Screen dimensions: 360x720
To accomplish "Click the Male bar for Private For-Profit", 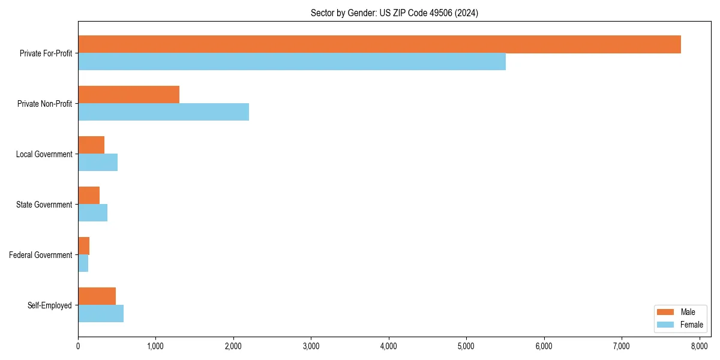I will [x=379, y=44].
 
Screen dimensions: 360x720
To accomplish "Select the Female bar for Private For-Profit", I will [x=292, y=62].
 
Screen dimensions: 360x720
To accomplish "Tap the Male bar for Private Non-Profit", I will [x=128, y=95].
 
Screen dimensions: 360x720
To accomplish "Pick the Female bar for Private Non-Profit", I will [x=163, y=112].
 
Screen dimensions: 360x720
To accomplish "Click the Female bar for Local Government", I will [x=98, y=163].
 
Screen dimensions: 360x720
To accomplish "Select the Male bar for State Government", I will [x=89, y=196].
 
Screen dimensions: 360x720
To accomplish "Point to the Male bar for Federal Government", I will [x=83, y=246].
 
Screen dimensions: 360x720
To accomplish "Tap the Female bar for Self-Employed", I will [x=101, y=314].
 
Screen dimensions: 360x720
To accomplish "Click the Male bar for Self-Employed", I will [x=97, y=296].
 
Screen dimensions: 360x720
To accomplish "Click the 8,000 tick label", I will [x=699, y=346].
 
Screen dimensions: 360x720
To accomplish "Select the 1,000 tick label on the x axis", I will [x=155, y=346].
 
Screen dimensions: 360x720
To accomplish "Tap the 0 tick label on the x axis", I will [x=78, y=346].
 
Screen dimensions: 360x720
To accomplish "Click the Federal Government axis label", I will [x=41, y=255].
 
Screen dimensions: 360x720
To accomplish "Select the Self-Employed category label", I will [x=50, y=305].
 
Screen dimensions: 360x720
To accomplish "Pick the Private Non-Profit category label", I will [x=45, y=104].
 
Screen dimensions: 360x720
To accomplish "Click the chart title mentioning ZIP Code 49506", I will [x=394, y=13].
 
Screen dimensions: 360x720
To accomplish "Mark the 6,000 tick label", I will [x=544, y=346].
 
